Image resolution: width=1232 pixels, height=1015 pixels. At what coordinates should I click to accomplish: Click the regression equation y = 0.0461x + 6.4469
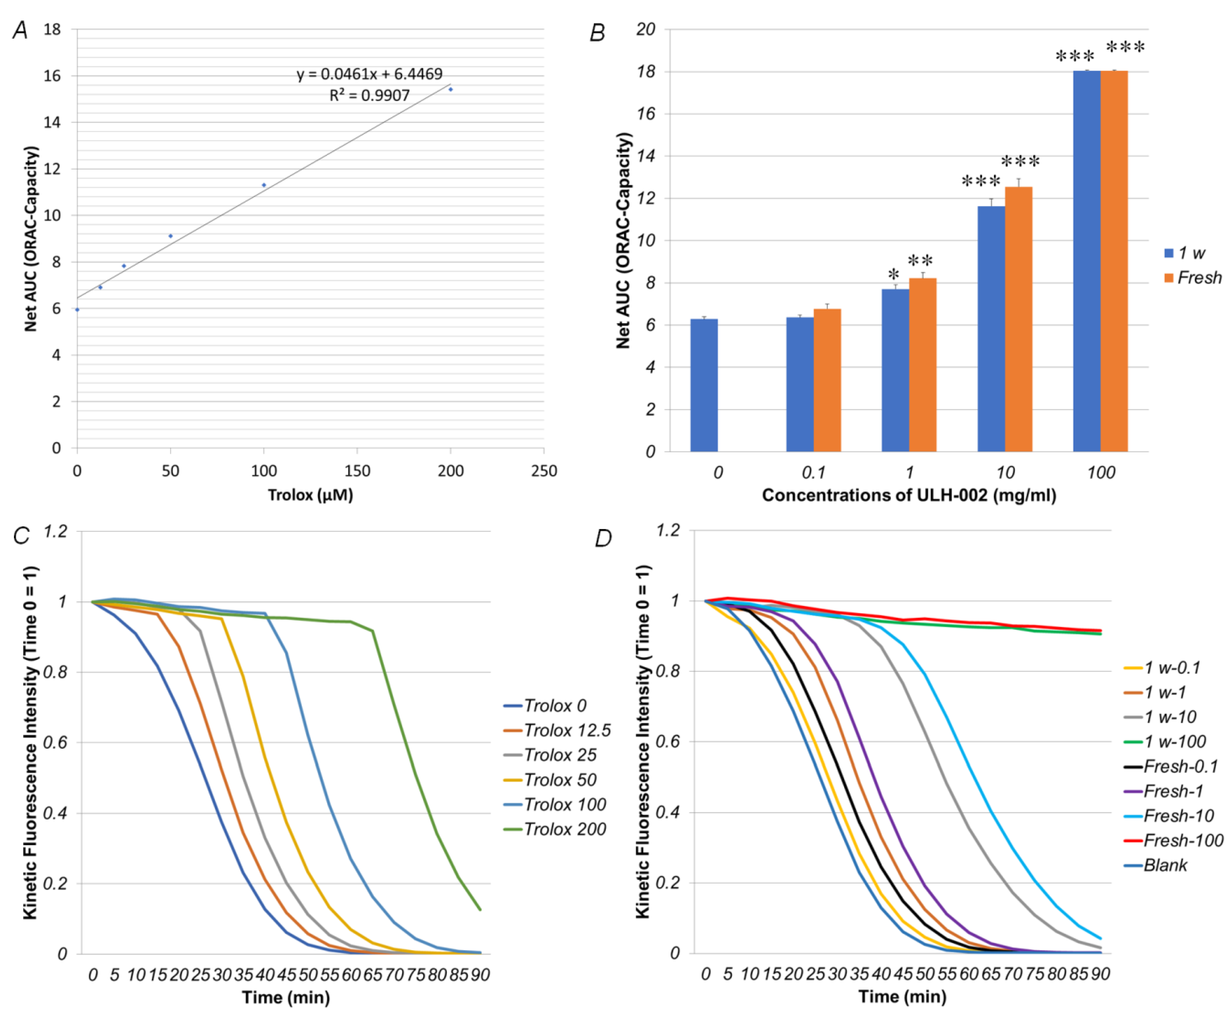[x=369, y=74]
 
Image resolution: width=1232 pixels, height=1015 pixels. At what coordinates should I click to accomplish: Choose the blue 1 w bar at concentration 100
[x=1087, y=261]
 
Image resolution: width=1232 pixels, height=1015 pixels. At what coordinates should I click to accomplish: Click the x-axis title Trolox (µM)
[x=310, y=495]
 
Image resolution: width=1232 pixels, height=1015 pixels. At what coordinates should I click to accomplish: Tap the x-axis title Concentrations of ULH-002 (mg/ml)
[x=909, y=495]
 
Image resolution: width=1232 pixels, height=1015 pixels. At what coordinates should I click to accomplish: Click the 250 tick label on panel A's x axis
[x=543, y=471]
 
